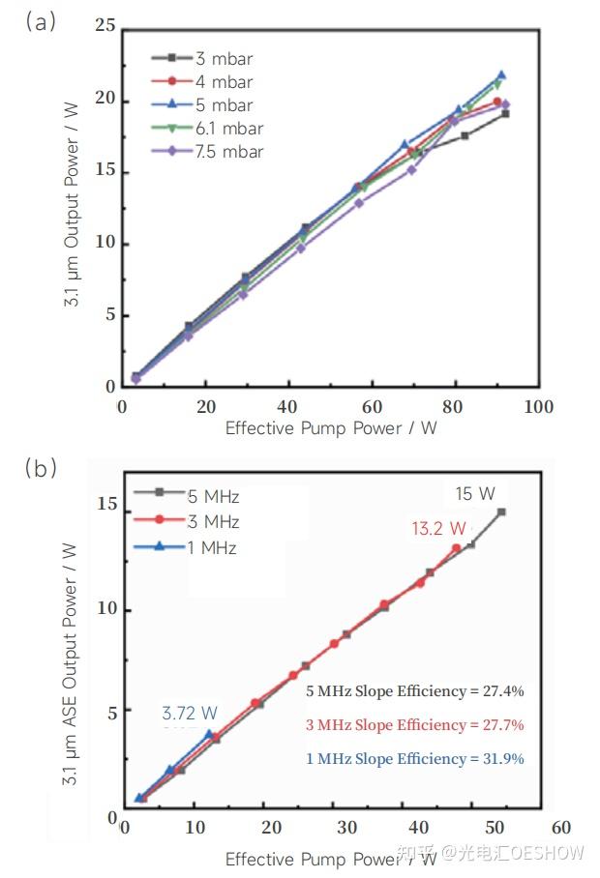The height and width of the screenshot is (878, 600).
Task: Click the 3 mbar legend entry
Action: [217, 59]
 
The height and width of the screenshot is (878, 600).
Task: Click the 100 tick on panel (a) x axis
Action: [539, 406]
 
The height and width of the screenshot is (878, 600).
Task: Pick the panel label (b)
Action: [42, 469]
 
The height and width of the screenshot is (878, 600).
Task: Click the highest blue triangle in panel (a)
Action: [501, 74]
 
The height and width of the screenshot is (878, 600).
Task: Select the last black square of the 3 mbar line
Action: [505, 113]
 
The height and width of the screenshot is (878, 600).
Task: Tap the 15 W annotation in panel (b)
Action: [475, 494]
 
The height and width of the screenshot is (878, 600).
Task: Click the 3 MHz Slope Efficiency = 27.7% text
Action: [414, 725]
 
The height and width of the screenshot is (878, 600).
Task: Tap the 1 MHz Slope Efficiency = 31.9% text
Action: [414, 759]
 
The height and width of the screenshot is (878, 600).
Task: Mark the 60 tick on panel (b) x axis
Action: [559, 828]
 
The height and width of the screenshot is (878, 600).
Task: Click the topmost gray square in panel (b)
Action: [501, 512]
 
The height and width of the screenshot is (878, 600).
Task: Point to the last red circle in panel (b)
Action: [456, 548]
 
